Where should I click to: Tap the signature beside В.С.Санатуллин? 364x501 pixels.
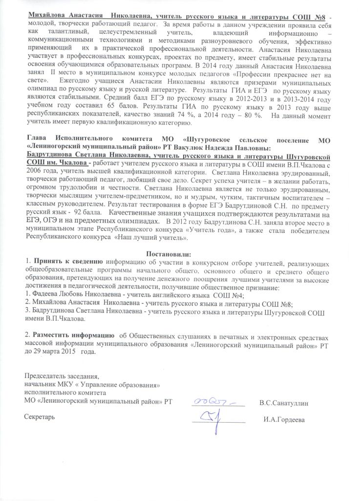218,402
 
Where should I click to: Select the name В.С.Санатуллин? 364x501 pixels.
284,403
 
